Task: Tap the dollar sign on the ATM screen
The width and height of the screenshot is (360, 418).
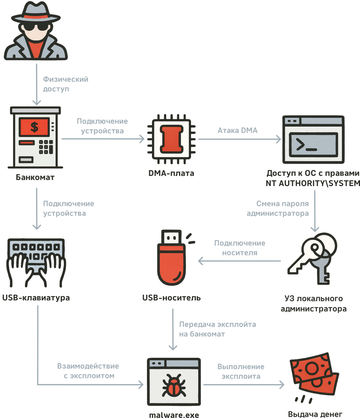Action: click(x=34, y=127)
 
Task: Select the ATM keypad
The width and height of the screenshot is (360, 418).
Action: click(x=46, y=147)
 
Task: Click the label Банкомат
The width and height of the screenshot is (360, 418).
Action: click(x=35, y=177)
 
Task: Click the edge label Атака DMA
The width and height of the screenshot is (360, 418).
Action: click(x=237, y=131)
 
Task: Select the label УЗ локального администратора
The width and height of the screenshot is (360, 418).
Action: click(x=313, y=304)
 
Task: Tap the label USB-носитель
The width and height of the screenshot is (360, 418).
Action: click(x=172, y=298)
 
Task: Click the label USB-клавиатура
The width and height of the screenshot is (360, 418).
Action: click(x=36, y=298)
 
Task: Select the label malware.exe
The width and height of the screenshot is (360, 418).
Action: click(x=174, y=415)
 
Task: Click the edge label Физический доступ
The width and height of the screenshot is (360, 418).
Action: click(x=65, y=84)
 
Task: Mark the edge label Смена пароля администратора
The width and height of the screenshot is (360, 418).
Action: click(x=278, y=208)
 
